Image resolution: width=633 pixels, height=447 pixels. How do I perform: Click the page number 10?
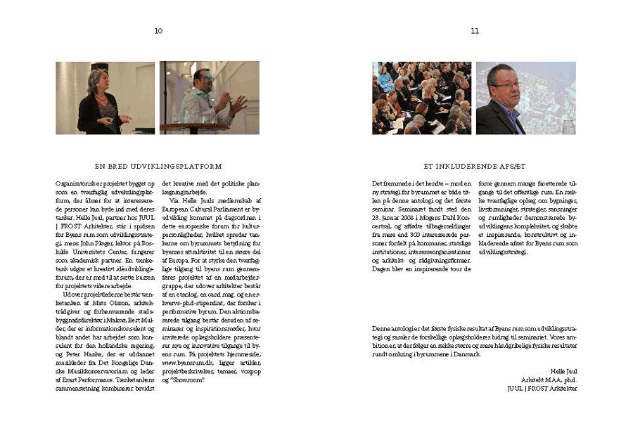158,31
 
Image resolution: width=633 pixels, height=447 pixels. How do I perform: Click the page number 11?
475,31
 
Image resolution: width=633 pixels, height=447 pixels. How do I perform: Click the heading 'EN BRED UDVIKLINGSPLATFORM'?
158,167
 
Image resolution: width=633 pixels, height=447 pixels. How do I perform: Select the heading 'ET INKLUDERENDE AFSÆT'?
475,167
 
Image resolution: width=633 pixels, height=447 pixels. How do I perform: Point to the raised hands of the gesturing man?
235,103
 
